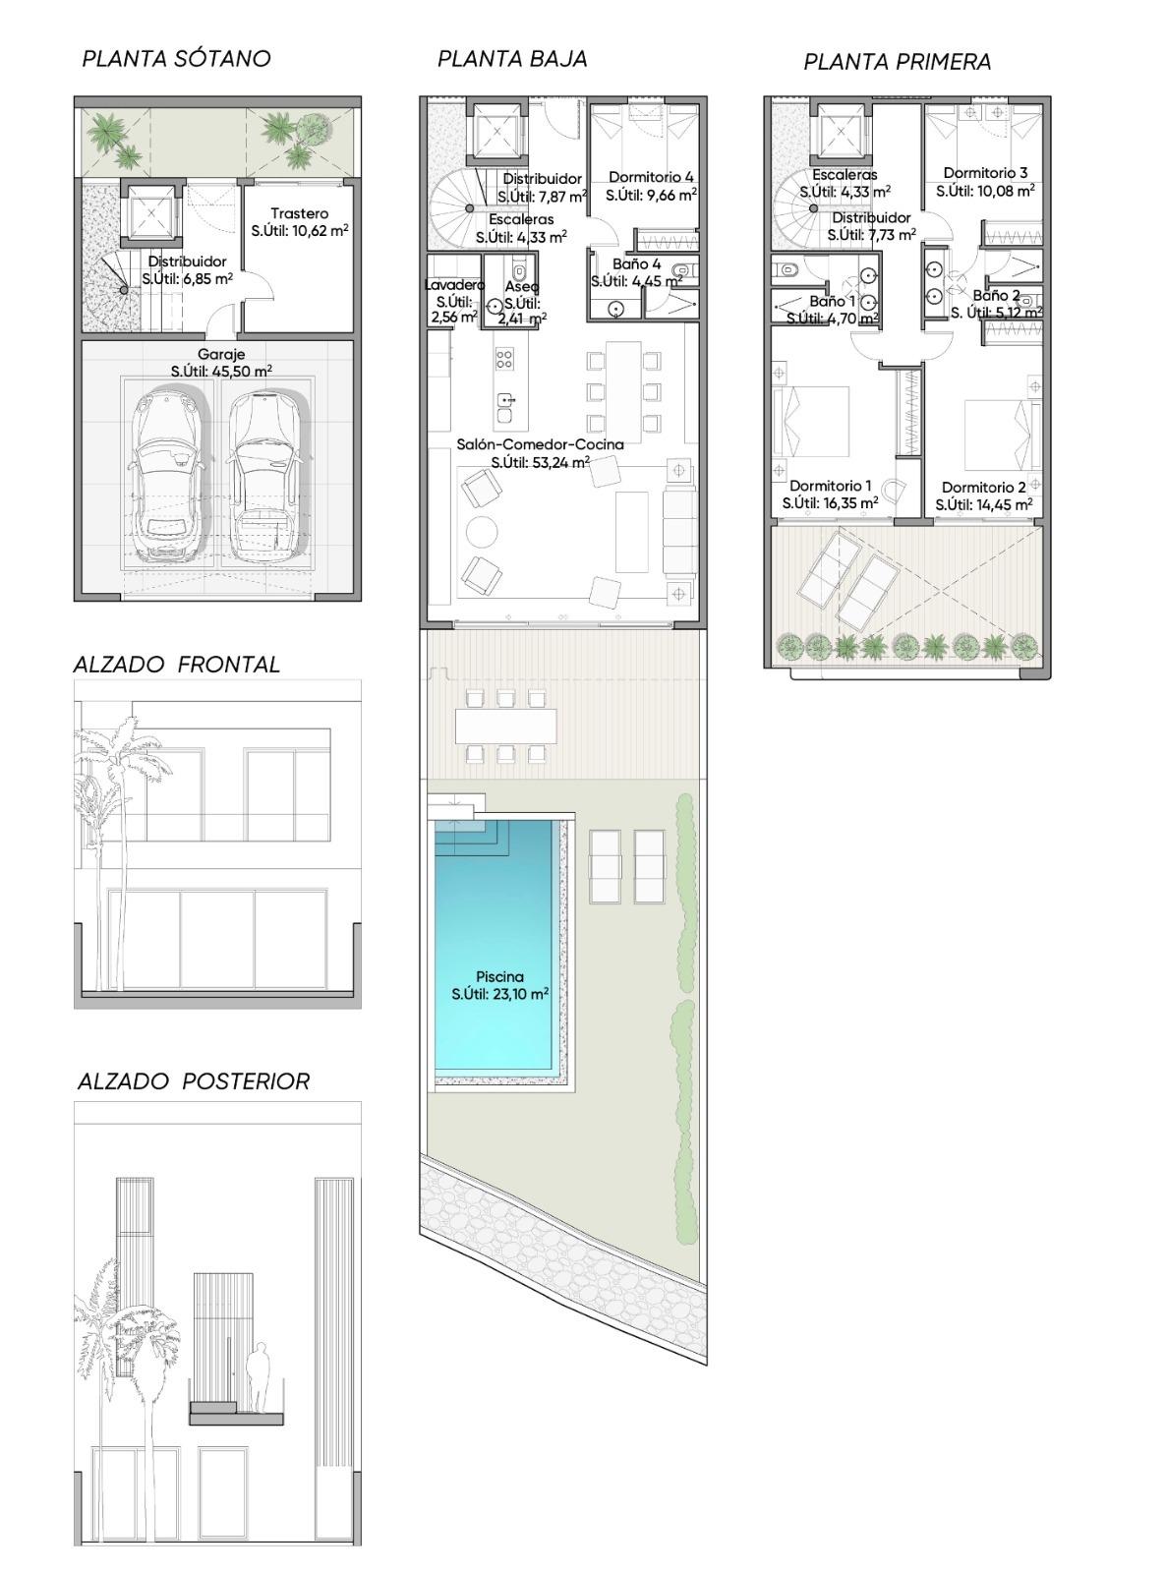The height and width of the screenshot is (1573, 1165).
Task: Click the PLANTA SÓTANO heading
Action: (177, 59)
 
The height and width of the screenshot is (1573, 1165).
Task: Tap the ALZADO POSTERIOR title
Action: (194, 1081)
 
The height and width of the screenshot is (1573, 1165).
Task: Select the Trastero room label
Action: (300, 212)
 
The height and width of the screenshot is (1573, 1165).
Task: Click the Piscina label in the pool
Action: (500, 977)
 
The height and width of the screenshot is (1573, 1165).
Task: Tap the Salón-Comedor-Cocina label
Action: (540, 444)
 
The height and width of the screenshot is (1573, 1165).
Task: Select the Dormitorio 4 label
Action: (652, 177)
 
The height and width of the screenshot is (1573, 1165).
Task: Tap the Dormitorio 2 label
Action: (983, 488)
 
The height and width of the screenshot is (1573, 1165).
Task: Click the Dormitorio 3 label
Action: (985, 172)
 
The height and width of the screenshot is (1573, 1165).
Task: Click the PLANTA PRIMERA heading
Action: (897, 62)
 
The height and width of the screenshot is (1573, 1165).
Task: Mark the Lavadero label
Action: (454, 285)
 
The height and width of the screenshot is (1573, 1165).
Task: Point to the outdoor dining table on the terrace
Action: (506, 726)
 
